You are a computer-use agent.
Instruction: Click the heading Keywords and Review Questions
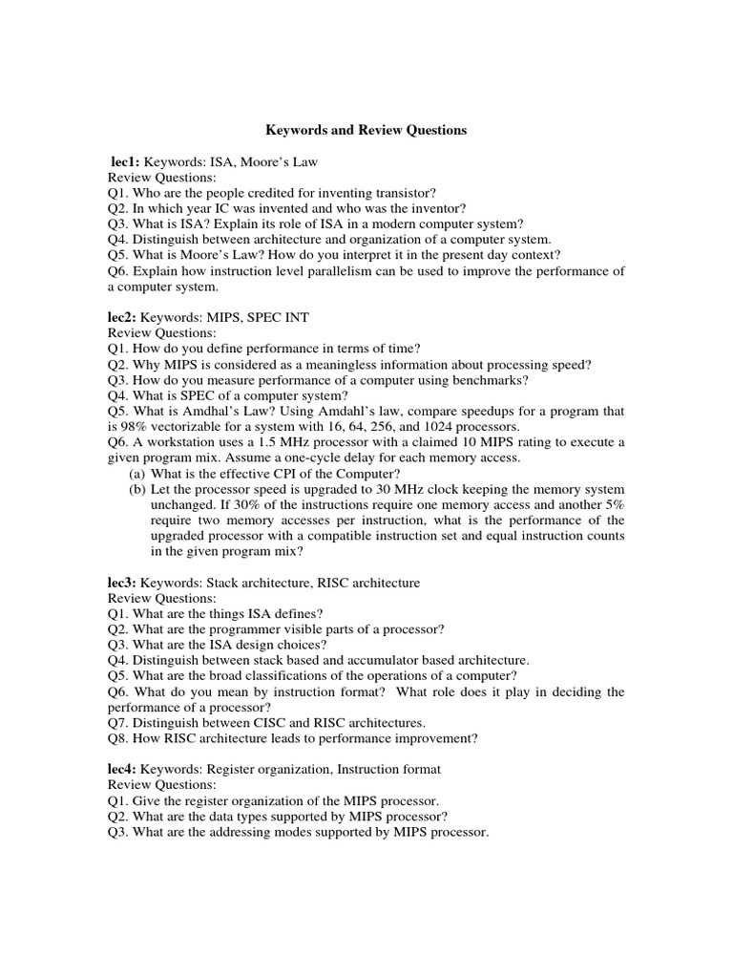(366, 130)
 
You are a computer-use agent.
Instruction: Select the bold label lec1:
(126, 163)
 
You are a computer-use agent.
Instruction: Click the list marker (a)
(137, 474)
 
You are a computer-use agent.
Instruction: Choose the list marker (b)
(137, 489)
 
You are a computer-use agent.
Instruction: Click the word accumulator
(389, 660)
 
